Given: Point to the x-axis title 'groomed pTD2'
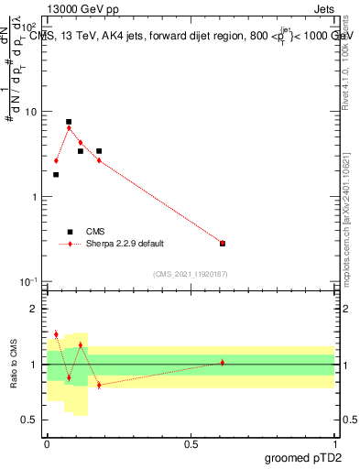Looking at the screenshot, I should tap(306, 457).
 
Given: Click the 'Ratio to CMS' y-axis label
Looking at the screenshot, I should tap(14, 365).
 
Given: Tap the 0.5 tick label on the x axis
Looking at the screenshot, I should tap(191, 443).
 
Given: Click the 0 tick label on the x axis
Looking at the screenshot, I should tap(47, 443).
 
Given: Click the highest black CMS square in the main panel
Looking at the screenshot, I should tap(69, 122).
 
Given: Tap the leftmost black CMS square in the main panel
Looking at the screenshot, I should tap(56, 174).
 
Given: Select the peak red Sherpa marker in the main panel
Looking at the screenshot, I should tap(69, 128).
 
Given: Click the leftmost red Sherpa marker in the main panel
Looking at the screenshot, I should tap(56, 160).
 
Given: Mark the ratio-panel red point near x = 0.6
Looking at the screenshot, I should tap(223, 363).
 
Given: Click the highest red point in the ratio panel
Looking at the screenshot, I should tap(56, 334).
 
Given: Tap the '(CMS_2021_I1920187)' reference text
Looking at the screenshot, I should tap(191, 274).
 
